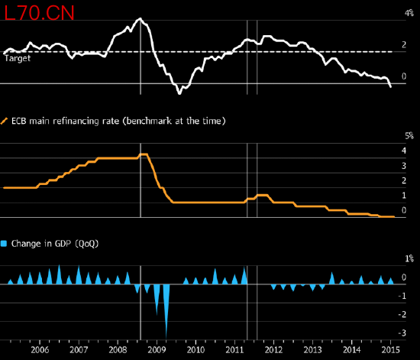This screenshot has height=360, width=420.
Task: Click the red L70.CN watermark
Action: (x=39, y=13)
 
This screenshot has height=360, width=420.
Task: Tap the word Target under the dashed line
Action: (x=18, y=58)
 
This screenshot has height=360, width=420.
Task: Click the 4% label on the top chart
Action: (x=409, y=13)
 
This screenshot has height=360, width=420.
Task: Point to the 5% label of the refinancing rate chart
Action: (x=409, y=136)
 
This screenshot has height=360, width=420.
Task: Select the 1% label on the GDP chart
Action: (x=409, y=258)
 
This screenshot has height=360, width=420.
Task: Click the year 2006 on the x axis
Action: (x=40, y=350)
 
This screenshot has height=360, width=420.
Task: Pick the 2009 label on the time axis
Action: (x=157, y=350)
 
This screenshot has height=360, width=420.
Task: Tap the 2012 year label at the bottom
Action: (x=273, y=350)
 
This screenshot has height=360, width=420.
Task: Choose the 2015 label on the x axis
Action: (x=390, y=350)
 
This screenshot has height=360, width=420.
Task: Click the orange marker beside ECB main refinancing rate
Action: (x=5, y=122)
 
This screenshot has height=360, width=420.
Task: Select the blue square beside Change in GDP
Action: (x=4, y=244)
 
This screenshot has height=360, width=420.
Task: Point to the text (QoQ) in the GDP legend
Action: (x=87, y=244)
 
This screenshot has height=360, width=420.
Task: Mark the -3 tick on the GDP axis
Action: (x=402, y=333)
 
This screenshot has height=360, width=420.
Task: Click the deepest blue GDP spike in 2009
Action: (x=166, y=339)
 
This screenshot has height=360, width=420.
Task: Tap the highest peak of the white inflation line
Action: (x=140, y=18)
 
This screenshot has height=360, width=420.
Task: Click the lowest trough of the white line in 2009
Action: (x=179, y=93)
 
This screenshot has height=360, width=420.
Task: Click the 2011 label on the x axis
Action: (x=234, y=350)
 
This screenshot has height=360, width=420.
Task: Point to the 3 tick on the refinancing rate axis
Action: (x=404, y=166)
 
